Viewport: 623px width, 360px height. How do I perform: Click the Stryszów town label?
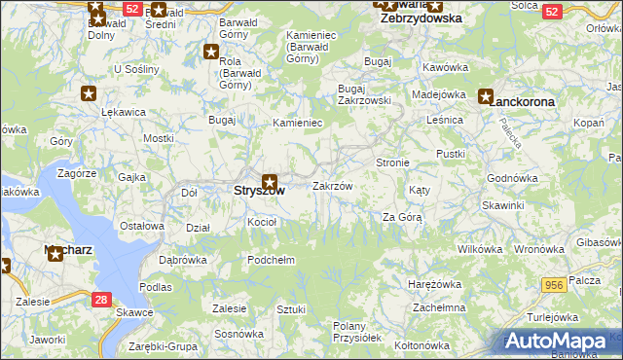click(260, 192)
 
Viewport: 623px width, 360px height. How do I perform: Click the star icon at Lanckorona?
click(486, 96)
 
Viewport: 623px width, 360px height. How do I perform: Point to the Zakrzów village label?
click(332, 186)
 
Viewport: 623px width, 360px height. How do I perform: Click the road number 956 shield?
click(555, 283)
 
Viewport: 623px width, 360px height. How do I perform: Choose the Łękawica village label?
click(124, 112)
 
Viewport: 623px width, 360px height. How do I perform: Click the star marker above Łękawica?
click(89, 93)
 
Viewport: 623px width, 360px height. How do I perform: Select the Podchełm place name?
click(271, 260)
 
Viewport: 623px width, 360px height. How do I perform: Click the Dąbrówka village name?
click(182, 261)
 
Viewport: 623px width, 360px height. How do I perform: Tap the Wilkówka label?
click(478, 249)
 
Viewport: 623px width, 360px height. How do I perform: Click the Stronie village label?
click(392, 162)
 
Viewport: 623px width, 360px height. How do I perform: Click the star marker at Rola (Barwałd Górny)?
click(211, 52)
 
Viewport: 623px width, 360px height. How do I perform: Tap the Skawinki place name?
click(502, 206)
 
